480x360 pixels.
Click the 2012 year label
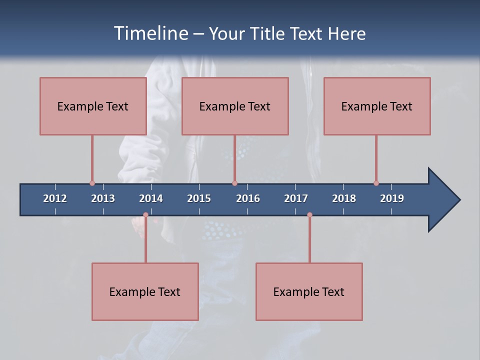(x=55, y=198)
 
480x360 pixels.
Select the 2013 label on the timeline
(x=103, y=198)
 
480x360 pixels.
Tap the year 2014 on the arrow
(x=151, y=198)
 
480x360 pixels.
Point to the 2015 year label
(x=199, y=198)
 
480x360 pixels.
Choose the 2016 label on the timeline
(x=248, y=198)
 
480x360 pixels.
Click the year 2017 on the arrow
(x=296, y=198)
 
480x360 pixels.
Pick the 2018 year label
(x=344, y=198)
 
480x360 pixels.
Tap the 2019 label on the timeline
(x=392, y=198)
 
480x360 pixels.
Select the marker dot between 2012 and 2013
(x=92, y=183)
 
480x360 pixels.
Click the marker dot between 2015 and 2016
(x=234, y=183)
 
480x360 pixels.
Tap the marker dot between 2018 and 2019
(x=376, y=183)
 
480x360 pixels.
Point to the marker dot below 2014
(x=145, y=215)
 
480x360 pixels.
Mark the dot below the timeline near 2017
(x=309, y=215)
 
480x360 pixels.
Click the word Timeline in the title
(x=151, y=33)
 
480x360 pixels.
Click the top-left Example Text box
(x=93, y=106)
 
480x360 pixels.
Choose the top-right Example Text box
(x=377, y=106)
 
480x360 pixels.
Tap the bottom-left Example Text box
(x=145, y=291)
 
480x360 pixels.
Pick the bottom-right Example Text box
(x=309, y=291)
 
